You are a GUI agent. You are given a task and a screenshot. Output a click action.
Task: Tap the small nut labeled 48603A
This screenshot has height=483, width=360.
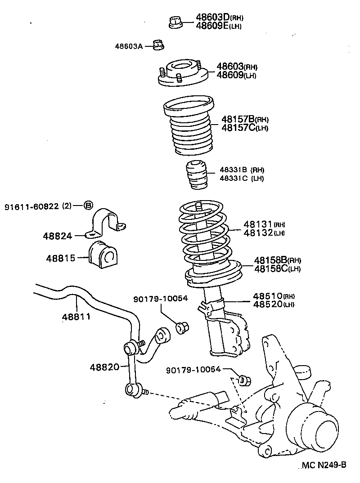pyautogui.click(x=157, y=45)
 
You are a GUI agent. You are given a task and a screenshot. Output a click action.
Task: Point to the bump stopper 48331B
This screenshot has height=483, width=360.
pyautogui.click(x=197, y=175)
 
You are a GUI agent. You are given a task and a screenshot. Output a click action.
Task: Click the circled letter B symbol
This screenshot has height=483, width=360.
pyautogui.click(x=88, y=206)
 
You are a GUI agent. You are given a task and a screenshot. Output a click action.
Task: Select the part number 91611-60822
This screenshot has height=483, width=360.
pyautogui.click(x=31, y=206)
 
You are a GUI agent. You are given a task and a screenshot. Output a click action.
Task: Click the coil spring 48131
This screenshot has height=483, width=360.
pyautogui.click(x=203, y=234)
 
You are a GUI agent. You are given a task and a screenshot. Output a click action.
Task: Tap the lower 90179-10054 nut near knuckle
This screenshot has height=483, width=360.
pyautogui.click(x=244, y=380)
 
